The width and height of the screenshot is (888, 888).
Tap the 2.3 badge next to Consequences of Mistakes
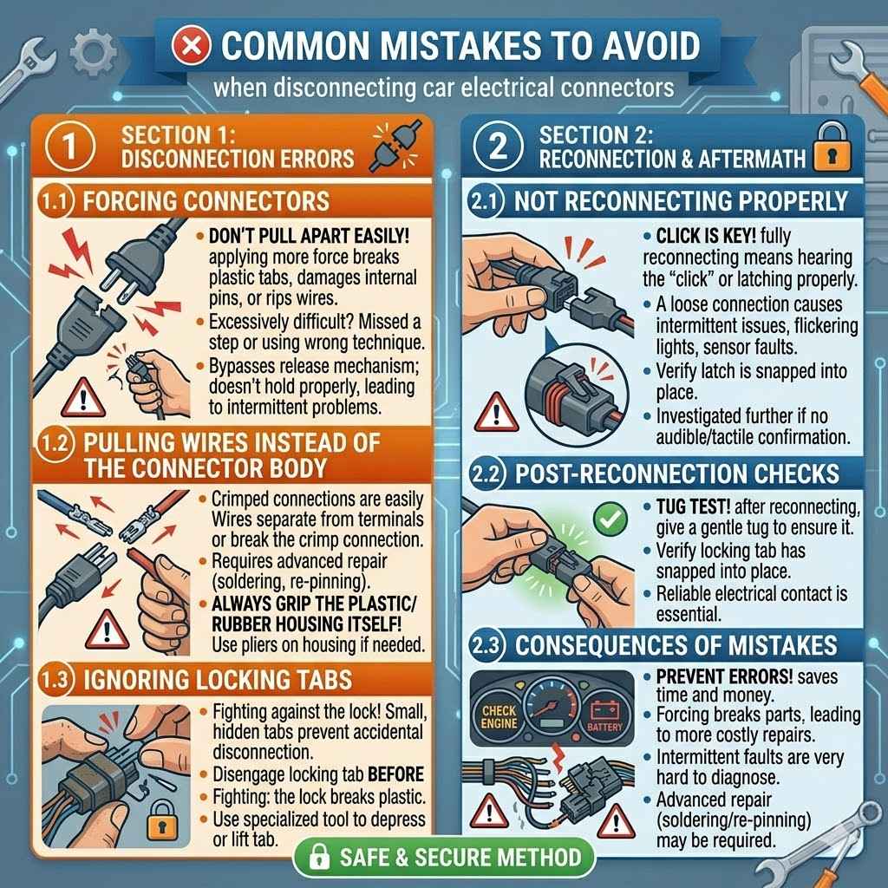tap(486, 646)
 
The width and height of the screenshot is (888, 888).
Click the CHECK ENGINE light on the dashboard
tap(499, 716)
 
